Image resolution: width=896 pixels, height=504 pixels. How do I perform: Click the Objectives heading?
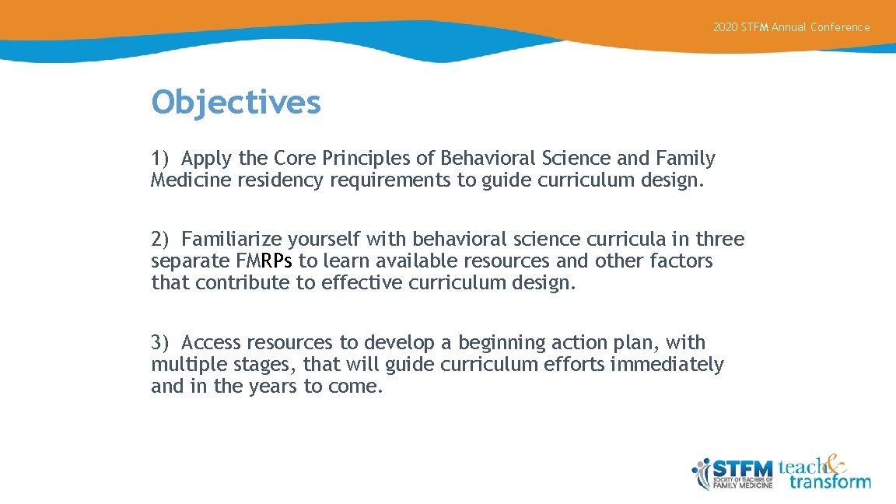236,102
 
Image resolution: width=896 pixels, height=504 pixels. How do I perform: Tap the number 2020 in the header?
725,27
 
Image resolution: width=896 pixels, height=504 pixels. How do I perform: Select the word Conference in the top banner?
840,27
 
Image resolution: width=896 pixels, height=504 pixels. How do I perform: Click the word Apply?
207,159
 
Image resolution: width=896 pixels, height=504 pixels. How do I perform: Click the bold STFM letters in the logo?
743,468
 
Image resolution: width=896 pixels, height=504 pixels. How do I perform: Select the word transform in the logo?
830,481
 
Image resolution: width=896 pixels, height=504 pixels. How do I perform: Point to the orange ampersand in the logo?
835,464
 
